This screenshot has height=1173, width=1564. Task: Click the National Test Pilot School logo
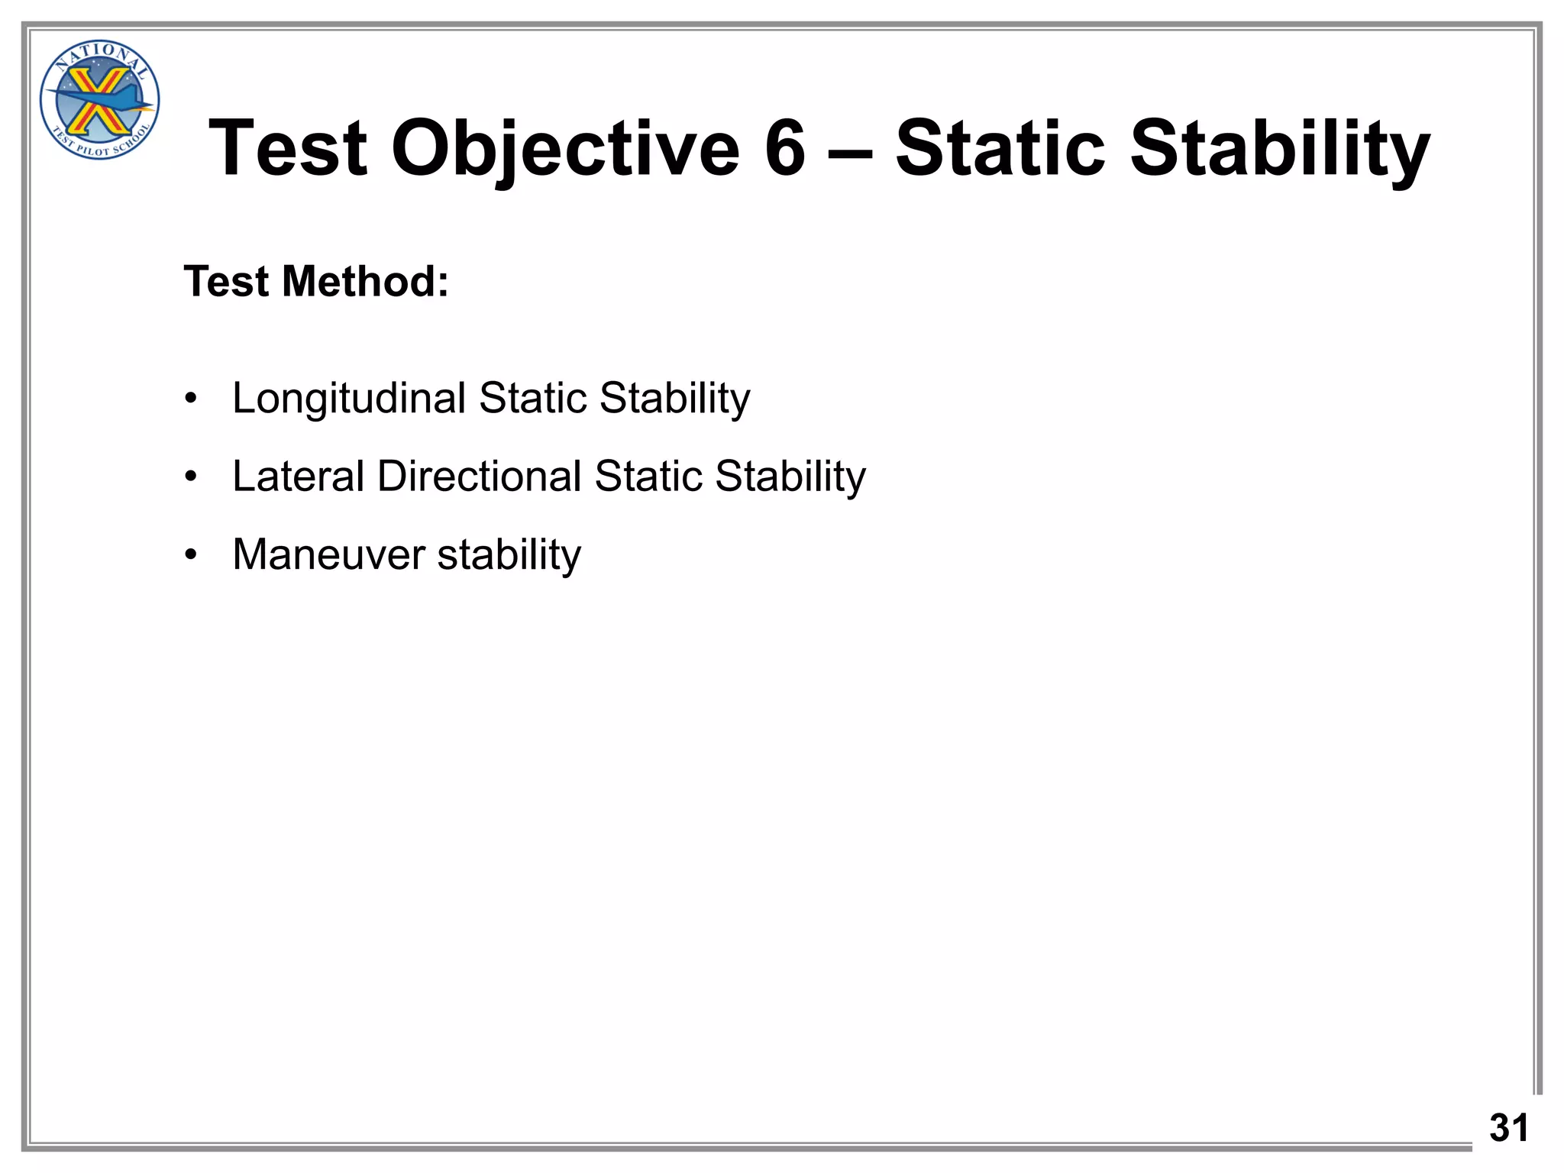click(x=99, y=100)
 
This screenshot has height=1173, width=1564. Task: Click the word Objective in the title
click(x=565, y=149)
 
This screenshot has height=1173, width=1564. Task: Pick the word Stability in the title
click(x=1279, y=149)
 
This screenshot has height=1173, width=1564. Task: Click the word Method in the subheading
click(x=365, y=281)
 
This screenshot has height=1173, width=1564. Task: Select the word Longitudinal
click(x=349, y=399)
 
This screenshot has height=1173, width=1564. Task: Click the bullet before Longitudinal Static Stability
click(x=191, y=399)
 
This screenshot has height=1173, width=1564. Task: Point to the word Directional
click(x=480, y=477)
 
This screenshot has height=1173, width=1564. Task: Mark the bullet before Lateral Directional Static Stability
click(x=191, y=477)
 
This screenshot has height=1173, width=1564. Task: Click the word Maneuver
click(x=328, y=554)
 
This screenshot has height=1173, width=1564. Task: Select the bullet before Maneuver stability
click(x=191, y=555)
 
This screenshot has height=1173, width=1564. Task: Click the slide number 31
click(x=1508, y=1127)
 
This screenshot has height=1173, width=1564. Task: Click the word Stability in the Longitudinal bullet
click(x=674, y=399)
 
